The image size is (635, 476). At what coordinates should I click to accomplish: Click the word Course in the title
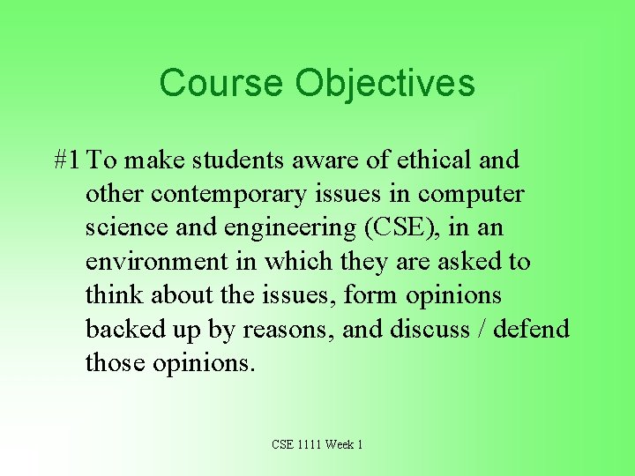coord(222,84)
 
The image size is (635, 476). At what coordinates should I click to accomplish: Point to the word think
coord(114,295)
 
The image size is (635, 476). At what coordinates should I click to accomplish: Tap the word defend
coord(531,329)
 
